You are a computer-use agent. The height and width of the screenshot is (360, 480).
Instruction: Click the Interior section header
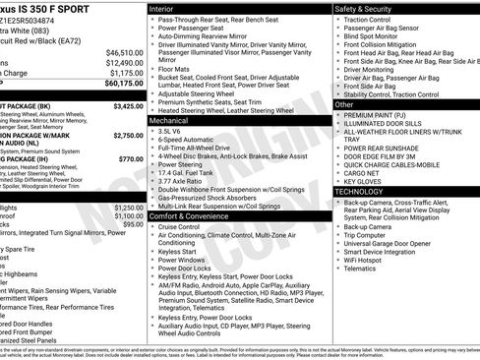click(x=163, y=8)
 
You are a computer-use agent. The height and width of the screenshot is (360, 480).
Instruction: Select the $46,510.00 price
click(x=125, y=52)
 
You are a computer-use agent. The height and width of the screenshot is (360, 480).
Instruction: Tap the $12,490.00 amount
click(x=125, y=63)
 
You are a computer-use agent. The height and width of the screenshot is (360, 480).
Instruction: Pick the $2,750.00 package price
click(x=128, y=136)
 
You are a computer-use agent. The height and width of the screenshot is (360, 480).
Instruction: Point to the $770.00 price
click(x=130, y=158)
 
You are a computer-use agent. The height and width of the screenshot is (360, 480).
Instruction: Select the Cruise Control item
click(x=179, y=226)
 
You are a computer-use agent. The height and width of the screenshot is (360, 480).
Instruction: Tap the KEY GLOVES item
click(x=363, y=181)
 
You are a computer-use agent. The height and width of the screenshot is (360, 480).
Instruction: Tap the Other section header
click(x=344, y=103)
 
